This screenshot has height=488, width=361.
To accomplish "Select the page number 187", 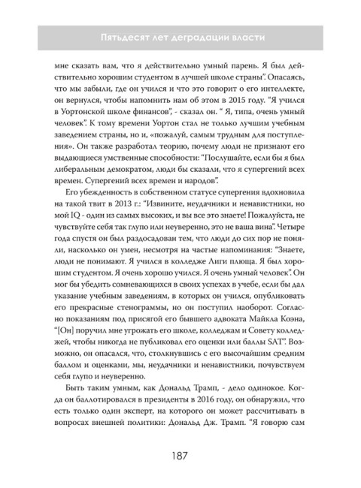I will (180, 456).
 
